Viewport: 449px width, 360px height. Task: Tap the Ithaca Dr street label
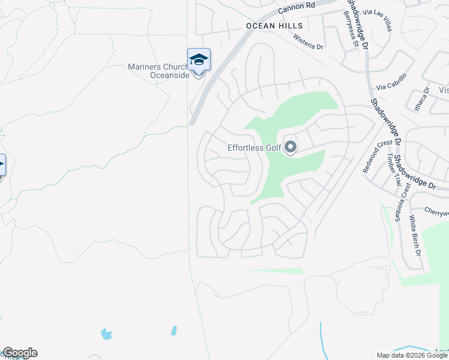[x=426, y=98]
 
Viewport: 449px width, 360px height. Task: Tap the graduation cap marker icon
[x=199, y=59]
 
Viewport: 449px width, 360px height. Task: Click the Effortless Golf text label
[x=254, y=148]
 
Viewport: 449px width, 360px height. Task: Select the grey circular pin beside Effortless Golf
[x=291, y=146]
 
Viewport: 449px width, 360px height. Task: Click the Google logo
[x=19, y=353]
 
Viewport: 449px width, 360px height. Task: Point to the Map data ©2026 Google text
[x=412, y=355]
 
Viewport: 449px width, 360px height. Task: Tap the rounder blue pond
[x=107, y=334]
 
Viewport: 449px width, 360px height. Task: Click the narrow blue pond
[x=173, y=331]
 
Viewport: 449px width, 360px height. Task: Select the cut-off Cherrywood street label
[x=436, y=211]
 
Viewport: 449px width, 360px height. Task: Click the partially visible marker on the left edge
[x=2, y=164]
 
